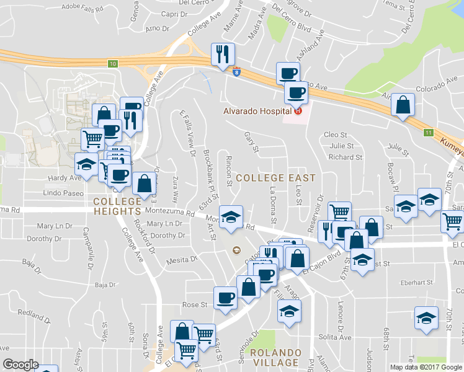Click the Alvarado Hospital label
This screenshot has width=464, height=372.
[x=258, y=111]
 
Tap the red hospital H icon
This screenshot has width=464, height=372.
[x=297, y=111]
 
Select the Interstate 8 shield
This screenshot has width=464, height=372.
[x=236, y=72]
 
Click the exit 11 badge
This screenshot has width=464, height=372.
[x=428, y=132]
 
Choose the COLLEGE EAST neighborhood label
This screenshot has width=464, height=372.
[x=275, y=178]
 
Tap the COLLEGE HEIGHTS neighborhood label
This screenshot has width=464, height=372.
[x=117, y=206]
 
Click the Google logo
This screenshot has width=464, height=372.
[x=20, y=365]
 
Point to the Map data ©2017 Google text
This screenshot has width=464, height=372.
[x=426, y=367]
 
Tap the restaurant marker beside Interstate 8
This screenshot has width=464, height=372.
[x=221, y=55]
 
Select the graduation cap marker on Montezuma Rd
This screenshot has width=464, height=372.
[x=231, y=217]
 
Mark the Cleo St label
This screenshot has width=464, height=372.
[x=335, y=135]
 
